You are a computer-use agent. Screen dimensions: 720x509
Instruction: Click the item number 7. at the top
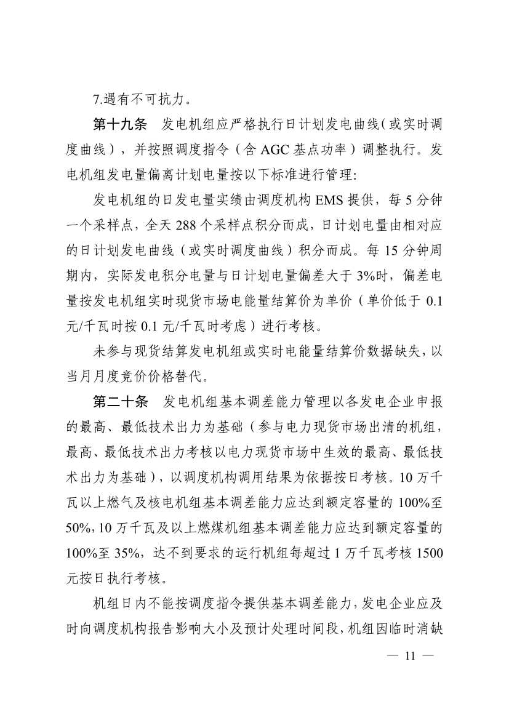97,97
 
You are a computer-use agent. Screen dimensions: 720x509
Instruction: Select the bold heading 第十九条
119,124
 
